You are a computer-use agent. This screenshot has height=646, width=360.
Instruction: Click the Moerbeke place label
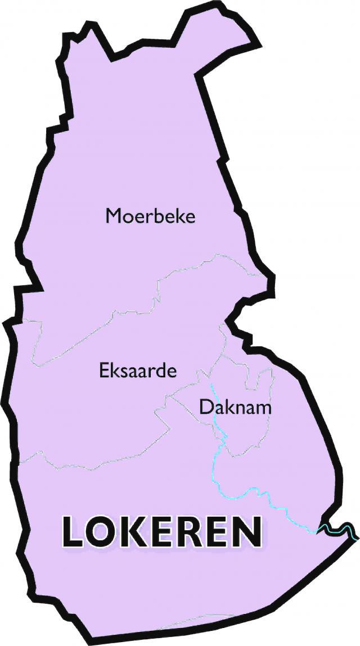[x=151, y=216]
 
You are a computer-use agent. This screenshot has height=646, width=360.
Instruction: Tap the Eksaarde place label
[x=138, y=371]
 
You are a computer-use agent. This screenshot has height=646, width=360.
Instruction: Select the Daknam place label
[x=235, y=406]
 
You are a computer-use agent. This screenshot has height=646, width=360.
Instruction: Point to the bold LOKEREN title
[x=162, y=532]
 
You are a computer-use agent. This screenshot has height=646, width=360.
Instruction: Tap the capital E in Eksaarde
[x=104, y=371]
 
